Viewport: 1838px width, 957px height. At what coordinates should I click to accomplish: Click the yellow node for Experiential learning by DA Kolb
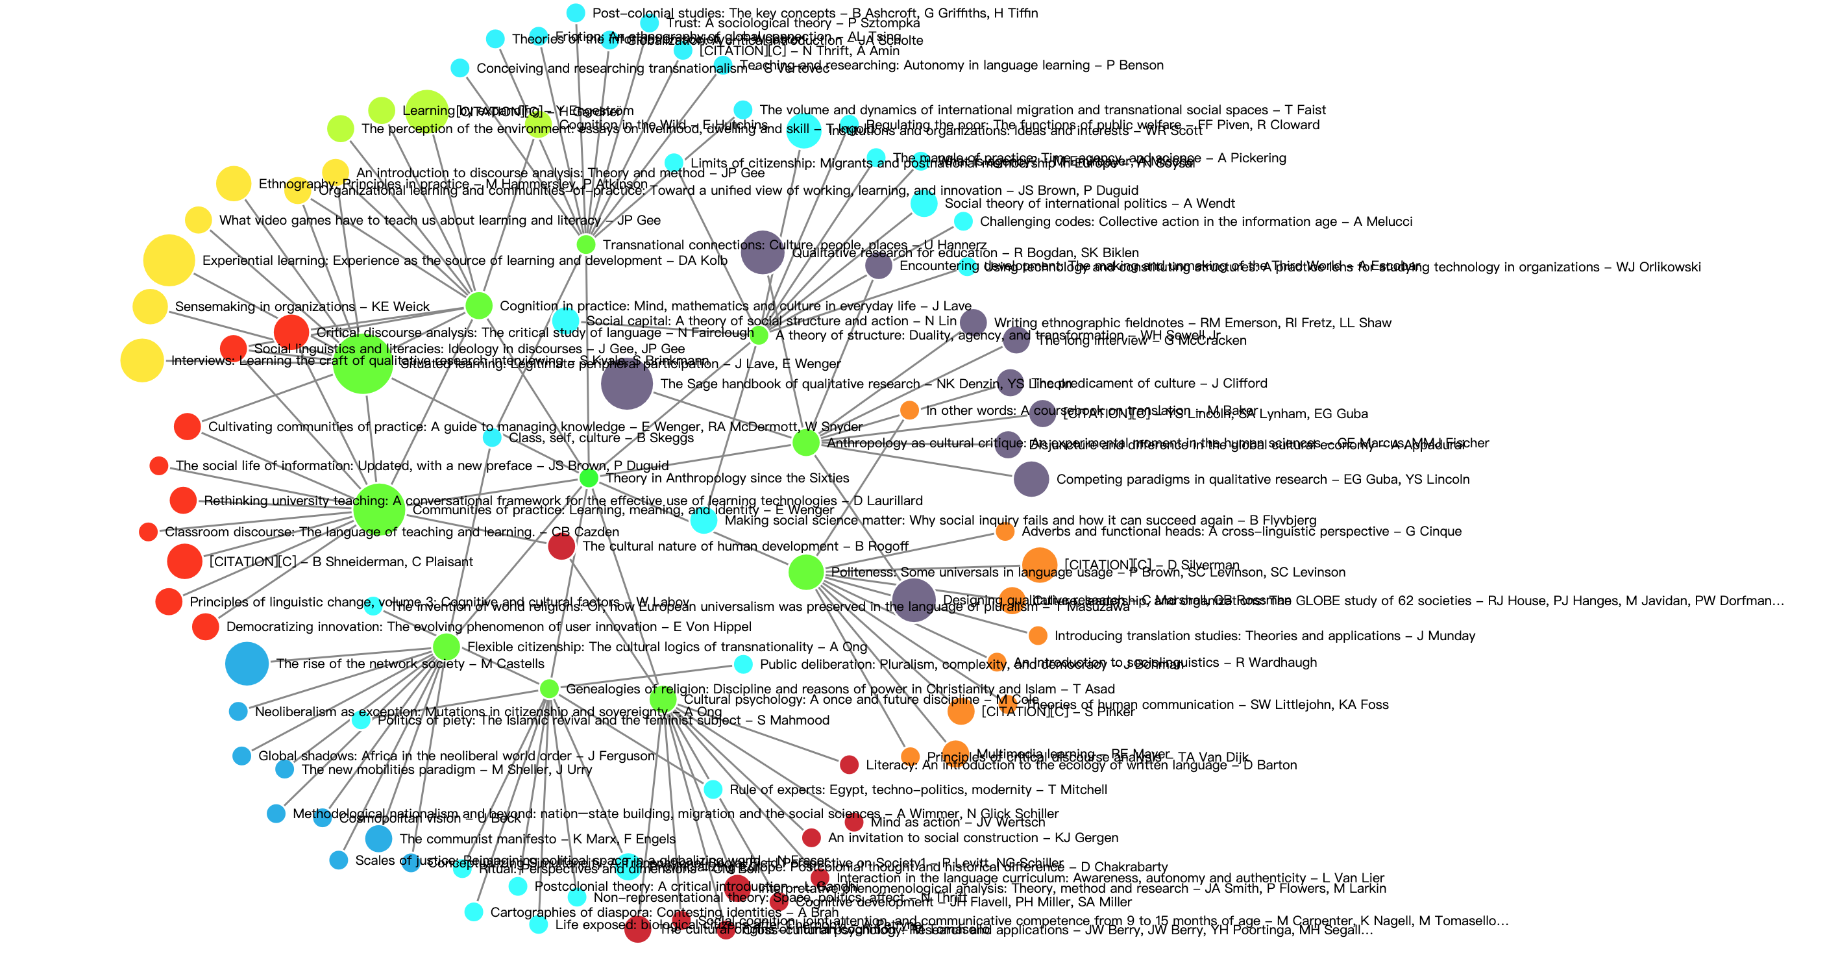pyautogui.click(x=169, y=260)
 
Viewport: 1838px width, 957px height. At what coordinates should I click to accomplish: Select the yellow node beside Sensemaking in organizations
pyautogui.click(x=151, y=307)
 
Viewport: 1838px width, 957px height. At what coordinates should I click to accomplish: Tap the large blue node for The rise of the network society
pyautogui.click(x=247, y=664)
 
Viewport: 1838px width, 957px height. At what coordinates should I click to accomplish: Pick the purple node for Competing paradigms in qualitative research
pyautogui.click(x=1031, y=479)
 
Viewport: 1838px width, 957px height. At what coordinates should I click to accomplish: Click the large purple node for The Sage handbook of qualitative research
pyautogui.click(x=626, y=384)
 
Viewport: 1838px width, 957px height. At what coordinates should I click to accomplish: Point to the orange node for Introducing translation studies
pyautogui.click(x=1038, y=636)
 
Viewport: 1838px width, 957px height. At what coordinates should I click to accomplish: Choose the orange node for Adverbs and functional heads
pyautogui.click(x=1005, y=532)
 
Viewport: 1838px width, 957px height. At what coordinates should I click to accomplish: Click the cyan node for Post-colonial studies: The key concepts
pyautogui.click(x=576, y=13)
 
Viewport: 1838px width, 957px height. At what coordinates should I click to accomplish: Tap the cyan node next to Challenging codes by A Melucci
pyautogui.click(x=963, y=221)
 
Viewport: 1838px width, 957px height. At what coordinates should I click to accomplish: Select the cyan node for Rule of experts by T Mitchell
pyautogui.click(x=713, y=789)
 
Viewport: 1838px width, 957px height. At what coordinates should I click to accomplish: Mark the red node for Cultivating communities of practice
pyautogui.click(x=187, y=427)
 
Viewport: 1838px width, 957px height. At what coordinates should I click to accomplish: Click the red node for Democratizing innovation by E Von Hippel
pyautogui.click(x=206, y=627)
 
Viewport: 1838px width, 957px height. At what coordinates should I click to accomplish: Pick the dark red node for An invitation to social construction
pyautogui.click(x=811, y=838)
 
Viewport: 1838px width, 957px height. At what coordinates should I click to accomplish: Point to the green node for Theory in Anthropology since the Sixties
pyautogui.click(x=589, y=478)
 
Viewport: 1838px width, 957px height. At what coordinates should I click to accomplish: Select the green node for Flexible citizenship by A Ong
pyautogui.click(x=447, y=647)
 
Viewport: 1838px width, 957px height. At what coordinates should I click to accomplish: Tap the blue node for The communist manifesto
pyautogui.click(x=378, y=839)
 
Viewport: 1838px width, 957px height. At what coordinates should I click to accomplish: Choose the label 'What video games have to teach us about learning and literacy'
pyautogui.click(x=439, y=221)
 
